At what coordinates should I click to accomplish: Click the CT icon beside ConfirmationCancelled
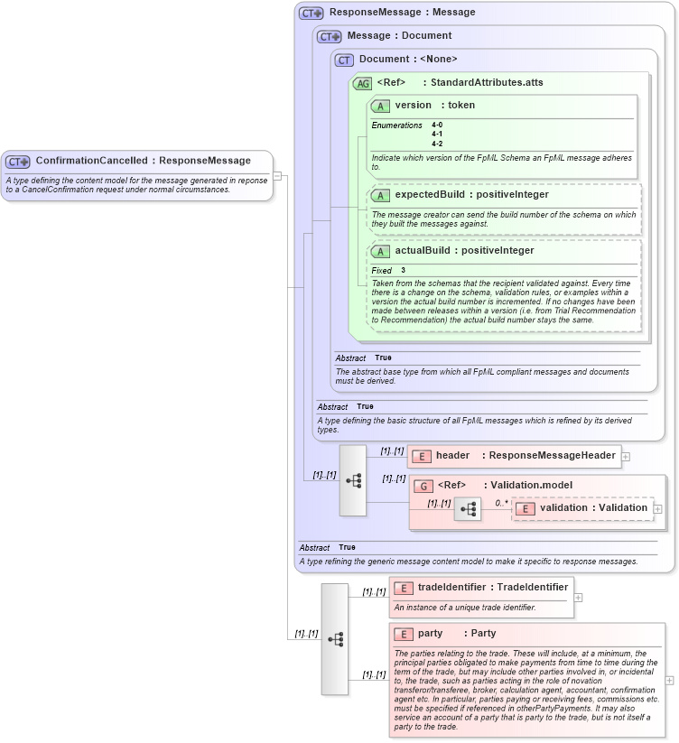point(18,162)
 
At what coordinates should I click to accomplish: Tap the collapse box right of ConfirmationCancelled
point(278,175)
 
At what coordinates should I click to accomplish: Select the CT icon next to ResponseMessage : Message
point(312,13)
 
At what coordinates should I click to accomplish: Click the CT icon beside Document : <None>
point(344,60)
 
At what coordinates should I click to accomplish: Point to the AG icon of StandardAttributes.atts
point(362,83)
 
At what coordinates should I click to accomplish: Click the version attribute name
point(413,106)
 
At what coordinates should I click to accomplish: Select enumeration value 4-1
point(437,135)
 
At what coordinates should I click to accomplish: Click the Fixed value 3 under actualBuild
point(404,271)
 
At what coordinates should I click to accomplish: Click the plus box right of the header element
point(626,457)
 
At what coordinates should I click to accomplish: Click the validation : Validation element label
point(593,507)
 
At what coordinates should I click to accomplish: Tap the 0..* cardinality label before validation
point(501,503)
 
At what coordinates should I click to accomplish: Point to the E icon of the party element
point(404,634)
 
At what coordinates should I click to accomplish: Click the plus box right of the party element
point(669,681)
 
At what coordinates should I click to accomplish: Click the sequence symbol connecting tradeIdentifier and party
point(335,639)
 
